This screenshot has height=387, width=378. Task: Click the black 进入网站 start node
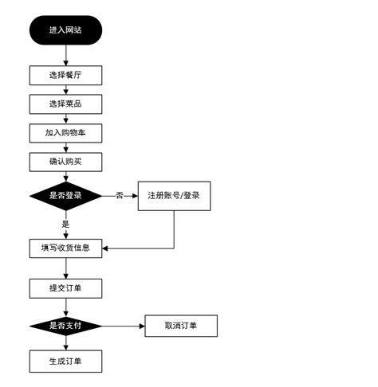(65, 29)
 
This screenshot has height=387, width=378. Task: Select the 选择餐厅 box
(65, 75)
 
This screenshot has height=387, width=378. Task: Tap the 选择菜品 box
(65, 104)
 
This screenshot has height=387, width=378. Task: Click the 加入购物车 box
(65, 132)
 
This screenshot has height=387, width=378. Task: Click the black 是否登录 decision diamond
(65, 196)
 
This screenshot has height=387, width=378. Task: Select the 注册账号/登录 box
(174, 196)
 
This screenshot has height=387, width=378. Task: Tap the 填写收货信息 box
(65, 248)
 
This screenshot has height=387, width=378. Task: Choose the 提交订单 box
(65, 287)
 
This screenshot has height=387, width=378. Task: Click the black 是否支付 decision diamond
(65, 326)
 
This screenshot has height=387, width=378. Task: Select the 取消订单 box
(180, 326)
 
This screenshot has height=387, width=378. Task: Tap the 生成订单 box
(65, 362)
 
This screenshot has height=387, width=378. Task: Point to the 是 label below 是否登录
(65, 224)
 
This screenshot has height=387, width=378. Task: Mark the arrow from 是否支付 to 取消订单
(124, 326)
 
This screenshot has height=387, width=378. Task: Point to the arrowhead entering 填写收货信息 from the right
(107, 248)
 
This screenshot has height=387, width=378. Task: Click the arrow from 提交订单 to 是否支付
(65, 307)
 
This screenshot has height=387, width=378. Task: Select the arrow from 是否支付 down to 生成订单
(65, 343)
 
